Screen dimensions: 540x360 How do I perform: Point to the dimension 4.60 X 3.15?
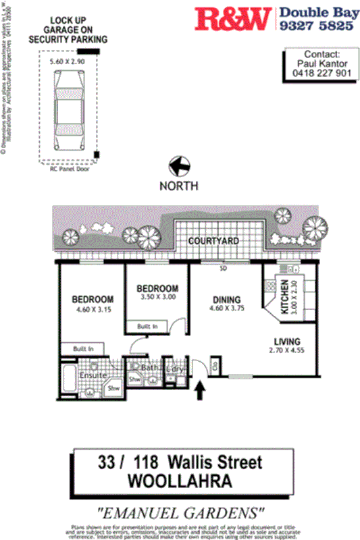pos(93,311)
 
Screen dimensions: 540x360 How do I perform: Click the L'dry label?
pos(175,369)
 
